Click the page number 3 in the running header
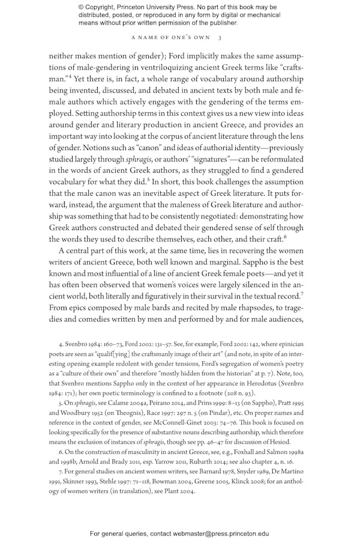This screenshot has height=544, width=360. point(221,38)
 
